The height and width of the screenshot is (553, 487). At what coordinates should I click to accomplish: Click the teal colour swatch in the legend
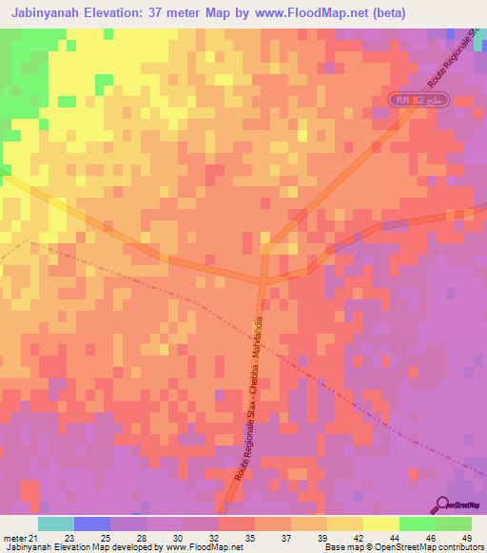coord(56,524)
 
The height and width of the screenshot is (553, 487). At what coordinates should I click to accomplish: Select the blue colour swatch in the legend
coord(92,524)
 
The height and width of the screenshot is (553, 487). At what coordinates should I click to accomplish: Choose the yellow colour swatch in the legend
coord(345,524)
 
